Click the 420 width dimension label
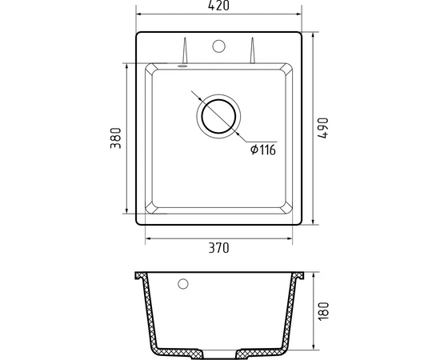tap(218, 6)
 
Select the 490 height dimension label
tap(322, 128)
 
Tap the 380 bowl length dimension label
tap(116, 138)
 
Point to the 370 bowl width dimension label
tap(218, 248)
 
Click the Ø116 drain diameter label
tap(263, 150)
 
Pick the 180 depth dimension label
tap(323, 310)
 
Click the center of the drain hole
tap(218, 116)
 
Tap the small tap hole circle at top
tap(218, 46)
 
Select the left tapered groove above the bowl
tap(185, 50)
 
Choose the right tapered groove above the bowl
tap(253, 50)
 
